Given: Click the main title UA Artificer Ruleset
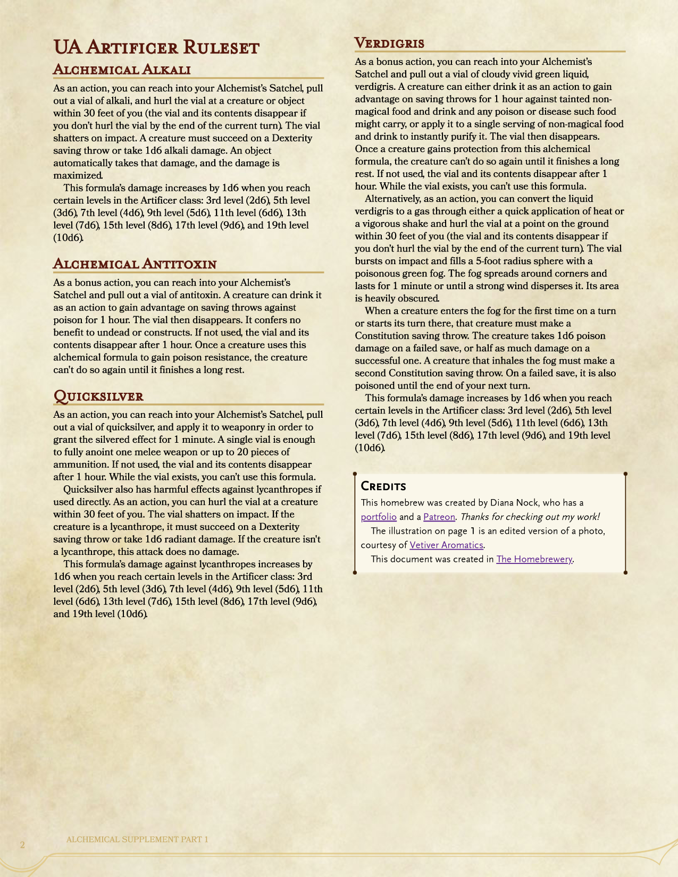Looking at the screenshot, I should point(156,47).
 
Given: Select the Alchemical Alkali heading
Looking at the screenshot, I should point(122,70).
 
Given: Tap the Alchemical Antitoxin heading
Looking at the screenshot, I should point(135,264).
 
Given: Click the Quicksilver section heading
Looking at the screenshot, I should point(98,396).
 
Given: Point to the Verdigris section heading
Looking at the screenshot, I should point(389,43).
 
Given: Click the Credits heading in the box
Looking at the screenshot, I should point(383,486).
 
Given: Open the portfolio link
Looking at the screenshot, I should point(379,517).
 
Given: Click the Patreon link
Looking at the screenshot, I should point(439,517).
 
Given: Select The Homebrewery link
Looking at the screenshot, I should point(534,559).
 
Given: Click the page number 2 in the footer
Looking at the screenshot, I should point(22,845).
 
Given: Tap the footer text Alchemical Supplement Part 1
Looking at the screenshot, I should point(137,839).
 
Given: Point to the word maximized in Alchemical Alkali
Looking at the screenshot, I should point(77,175).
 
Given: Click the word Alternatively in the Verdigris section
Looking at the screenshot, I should point(391,198).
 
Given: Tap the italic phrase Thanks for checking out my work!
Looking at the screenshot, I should point(530,517).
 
